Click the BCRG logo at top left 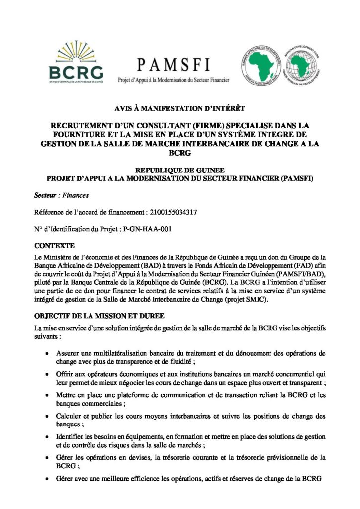click(76, 63)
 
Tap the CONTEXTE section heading click(54, 246)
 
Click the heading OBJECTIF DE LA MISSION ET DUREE click(98, 316)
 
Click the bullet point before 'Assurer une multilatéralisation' click(46, 354)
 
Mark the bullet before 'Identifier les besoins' click(46, 436)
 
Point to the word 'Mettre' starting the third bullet click(65, 395)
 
